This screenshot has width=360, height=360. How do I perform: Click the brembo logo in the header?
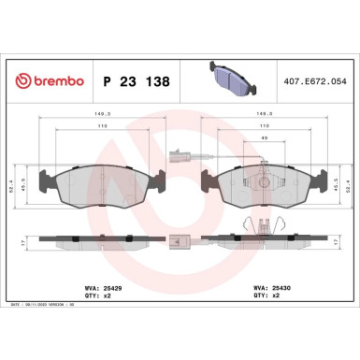pos(46,81)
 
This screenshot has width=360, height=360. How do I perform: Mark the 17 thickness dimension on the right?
pos(338,240)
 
